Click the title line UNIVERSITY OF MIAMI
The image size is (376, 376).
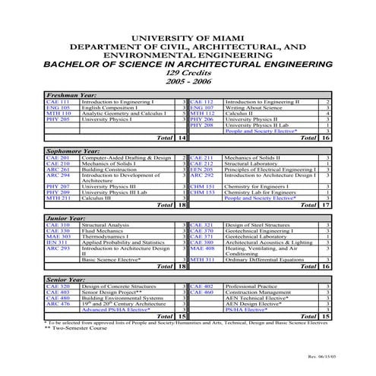[188, 36]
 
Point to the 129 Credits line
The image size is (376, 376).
[188, 71]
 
